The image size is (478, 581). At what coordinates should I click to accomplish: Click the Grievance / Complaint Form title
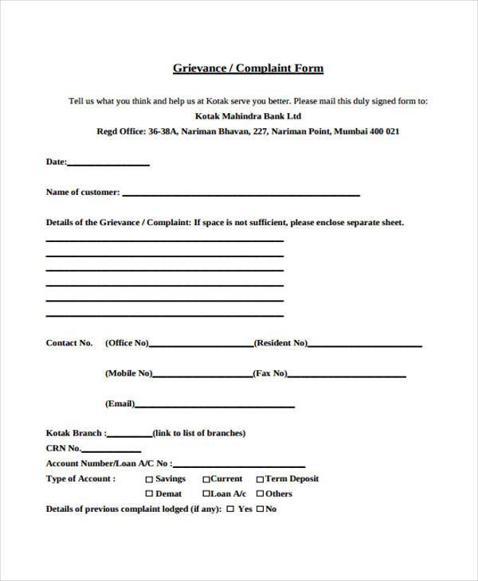tap(248, 68)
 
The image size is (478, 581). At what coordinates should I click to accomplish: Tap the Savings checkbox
tap(149, 479)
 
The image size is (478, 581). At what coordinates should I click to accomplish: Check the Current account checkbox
tap(206, 479)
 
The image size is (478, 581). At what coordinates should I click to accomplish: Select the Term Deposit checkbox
tap(260, 479)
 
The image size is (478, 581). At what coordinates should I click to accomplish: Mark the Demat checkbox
tap(149, 494)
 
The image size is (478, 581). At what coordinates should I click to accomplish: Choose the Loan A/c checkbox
tap(206, 494)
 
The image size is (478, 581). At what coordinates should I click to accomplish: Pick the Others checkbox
tap(260, 494)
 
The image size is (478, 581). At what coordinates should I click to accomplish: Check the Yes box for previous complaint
tap(230, 509)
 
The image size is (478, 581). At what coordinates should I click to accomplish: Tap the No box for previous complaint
tap(259, 509)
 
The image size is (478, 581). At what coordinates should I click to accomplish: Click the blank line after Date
tap(108, 165)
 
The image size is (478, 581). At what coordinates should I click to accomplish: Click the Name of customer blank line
tap(241, 194)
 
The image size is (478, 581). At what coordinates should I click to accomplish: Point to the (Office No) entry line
tap(201, 346)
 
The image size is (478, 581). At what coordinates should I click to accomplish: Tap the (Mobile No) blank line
tap(202, 376)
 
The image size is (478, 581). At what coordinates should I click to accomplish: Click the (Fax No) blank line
tap(347, 376)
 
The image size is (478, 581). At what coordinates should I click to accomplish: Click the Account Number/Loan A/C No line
tap(238, 466)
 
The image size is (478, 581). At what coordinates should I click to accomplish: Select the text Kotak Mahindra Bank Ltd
tap(248, 116)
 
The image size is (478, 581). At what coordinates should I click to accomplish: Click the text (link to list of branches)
tap(199, 434)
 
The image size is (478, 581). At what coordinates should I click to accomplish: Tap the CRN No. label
tap(65, 449)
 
